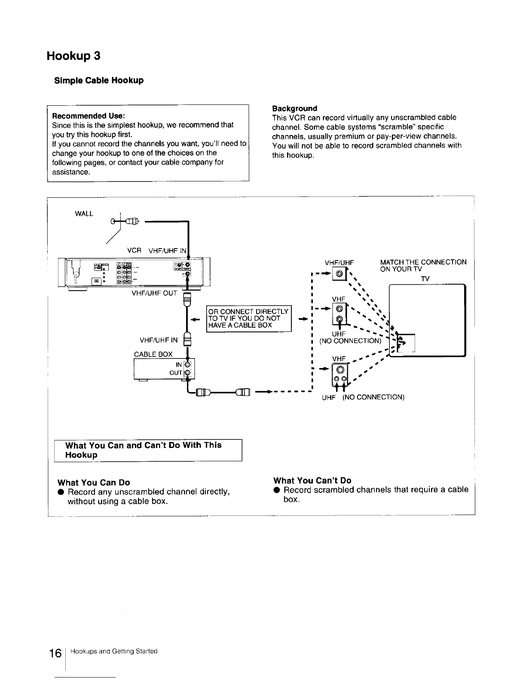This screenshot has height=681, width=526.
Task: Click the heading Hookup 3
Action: (x=73, y=56)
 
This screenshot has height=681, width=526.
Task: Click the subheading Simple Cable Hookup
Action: (x=98, y=80)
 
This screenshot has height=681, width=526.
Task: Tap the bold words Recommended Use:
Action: (x=88, y=116)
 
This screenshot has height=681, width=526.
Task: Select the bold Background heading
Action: (x=294, y=108)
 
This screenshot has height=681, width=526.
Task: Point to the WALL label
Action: (x=84, y=214)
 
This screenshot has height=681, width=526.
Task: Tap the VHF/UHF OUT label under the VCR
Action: (x=155, y=293)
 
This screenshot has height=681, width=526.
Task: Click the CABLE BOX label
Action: (x=153, y=354)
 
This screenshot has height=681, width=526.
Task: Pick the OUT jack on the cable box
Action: (x=187, y=372)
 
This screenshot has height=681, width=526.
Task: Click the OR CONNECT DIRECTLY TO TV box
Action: (x=248, y=318)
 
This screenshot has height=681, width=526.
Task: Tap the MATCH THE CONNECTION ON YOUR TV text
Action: (x=423, y=265)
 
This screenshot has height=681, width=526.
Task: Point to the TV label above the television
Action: (x=425, y=279)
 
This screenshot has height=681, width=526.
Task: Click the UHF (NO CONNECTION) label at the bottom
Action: (x=363, y=397)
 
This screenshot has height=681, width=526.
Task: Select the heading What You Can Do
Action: (x=94, y=482)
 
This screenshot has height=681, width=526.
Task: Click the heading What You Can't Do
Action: (x=312, y=480)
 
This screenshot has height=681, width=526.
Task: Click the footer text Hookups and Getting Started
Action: (x=114, y=651)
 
